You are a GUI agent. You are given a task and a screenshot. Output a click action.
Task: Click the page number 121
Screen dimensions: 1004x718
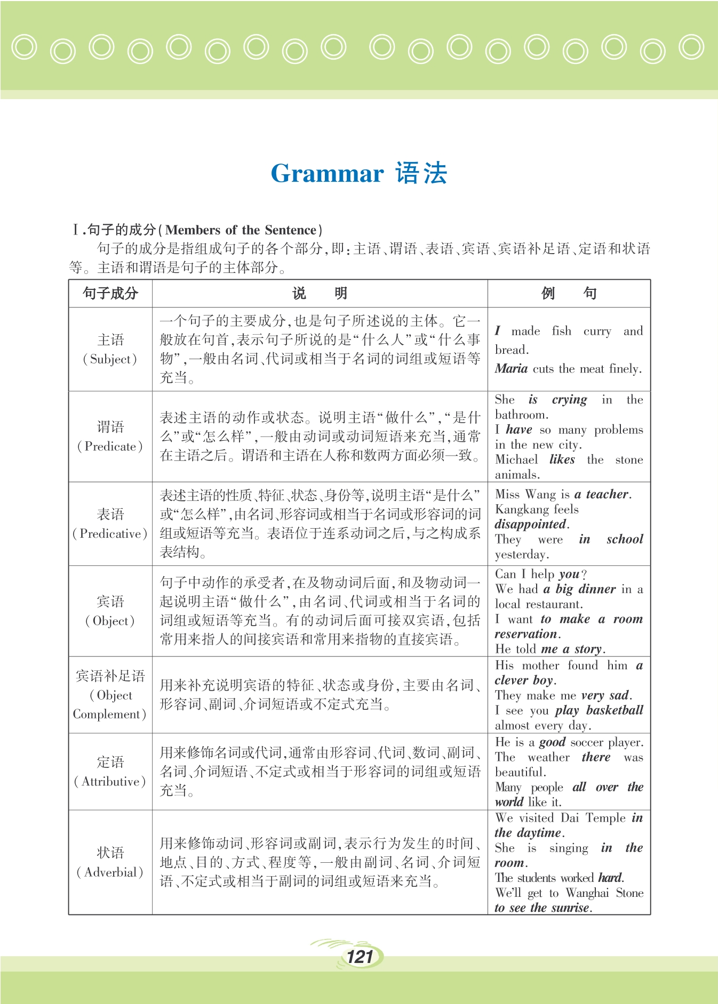click(360, 957)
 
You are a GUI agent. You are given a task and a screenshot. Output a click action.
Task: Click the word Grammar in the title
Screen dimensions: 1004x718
click(327, 174)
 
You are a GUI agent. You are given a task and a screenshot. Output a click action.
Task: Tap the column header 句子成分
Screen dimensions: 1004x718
click(110, 293)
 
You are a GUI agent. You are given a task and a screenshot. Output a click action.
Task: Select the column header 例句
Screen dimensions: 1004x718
click(569, 293)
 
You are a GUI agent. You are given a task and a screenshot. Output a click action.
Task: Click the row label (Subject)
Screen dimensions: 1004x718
click(110, 359)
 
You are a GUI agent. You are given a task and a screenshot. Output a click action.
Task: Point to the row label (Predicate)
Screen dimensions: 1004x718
click(110, 447)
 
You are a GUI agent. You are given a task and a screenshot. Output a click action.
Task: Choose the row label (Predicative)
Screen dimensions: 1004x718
click(110, 533)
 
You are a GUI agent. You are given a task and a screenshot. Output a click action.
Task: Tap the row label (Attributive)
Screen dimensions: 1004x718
click(110, 781)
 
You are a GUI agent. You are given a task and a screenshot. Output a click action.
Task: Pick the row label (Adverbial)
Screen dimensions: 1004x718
click(110, 872)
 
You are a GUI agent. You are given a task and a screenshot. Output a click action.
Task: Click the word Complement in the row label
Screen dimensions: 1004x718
click(109, 714)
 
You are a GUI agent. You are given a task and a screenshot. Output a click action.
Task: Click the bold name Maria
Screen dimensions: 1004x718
click(511, 368)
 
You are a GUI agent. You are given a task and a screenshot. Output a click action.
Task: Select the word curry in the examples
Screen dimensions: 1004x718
click(597, 331)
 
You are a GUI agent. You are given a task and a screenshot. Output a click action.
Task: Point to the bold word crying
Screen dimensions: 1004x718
click(569, 400)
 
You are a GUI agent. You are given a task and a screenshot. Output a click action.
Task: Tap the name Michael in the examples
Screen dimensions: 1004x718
click(516, 459)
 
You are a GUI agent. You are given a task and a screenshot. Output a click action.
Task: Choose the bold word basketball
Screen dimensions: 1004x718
click(615, 710)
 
